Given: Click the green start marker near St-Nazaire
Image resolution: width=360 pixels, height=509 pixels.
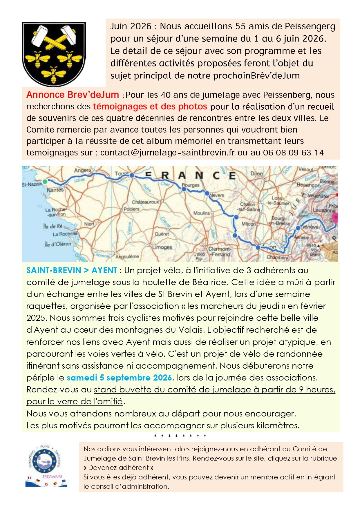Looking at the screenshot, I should click(45, 182).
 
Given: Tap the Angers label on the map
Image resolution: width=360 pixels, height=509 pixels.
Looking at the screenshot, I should click(82, 170).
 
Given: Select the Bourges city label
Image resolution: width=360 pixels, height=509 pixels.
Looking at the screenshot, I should click(191, 185).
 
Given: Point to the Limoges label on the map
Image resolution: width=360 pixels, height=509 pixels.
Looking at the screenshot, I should click(162, 247).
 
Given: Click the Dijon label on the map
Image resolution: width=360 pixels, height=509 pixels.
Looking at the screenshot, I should click(256, 173).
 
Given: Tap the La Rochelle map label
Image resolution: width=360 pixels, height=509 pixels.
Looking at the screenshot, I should click(65, 234).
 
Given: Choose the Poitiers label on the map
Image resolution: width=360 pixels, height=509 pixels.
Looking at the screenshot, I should click(131, 209).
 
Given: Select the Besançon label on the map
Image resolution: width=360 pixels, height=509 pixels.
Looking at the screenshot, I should click(308, 185).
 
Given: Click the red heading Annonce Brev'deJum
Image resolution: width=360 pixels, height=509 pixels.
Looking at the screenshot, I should click(73, 95).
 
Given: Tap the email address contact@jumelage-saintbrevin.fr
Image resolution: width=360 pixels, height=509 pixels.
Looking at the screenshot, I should click(167, 153).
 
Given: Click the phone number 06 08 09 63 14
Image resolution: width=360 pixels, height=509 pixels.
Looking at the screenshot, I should click(293, 153).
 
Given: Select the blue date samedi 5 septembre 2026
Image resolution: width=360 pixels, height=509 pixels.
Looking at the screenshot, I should click(119, 378).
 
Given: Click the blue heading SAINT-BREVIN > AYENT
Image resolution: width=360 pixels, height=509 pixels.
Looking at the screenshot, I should click(72, 270).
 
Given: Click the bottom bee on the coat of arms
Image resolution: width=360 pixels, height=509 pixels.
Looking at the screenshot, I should click(54, 74).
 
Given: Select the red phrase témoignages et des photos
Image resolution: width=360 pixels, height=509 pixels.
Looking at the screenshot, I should click(150, 106).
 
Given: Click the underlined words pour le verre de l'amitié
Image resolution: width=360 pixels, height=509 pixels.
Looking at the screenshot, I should click(75, 401).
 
